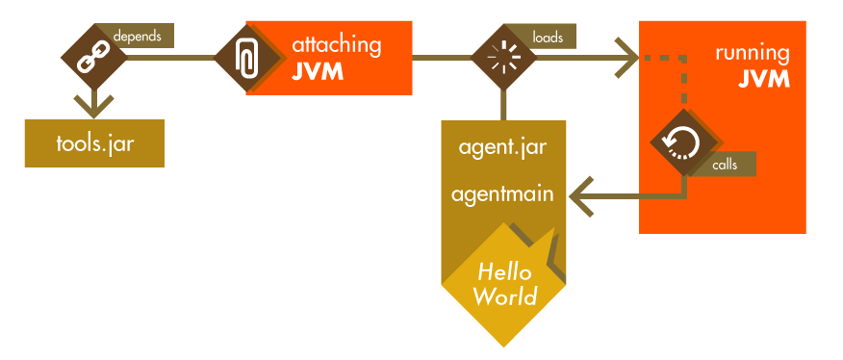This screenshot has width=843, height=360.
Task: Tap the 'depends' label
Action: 138,36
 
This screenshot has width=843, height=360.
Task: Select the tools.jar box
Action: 94,142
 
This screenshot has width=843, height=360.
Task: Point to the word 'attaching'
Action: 336,44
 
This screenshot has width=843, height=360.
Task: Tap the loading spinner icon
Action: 501,58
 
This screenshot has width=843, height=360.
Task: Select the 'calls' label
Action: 725,165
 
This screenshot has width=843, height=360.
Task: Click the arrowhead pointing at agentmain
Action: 577,196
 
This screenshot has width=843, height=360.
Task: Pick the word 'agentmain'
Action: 502,193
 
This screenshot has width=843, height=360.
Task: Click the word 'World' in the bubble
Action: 504,295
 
